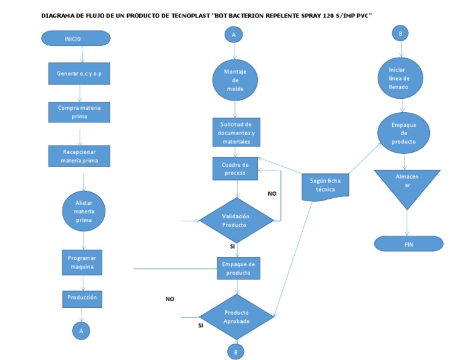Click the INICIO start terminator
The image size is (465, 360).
click(76, 38)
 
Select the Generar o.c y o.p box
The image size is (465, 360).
click(79, 73)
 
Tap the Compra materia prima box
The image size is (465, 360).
click(79, 112)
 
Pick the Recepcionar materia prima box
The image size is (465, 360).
click(79, 156)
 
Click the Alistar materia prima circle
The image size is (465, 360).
click(84, 212)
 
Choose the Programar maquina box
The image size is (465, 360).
click(81, 263)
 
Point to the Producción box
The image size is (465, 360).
click(81, 298)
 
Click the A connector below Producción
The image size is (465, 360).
click(81, 330)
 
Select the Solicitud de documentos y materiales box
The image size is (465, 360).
click(236, 132)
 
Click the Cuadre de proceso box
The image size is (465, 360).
click(235, 168)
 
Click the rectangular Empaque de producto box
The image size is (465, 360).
click(239, 268)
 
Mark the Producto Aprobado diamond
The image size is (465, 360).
click(237, 316)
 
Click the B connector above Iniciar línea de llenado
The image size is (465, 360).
click(400, 34)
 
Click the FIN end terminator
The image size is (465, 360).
click(408, 244)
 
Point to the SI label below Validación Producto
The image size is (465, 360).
click(232, 247)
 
